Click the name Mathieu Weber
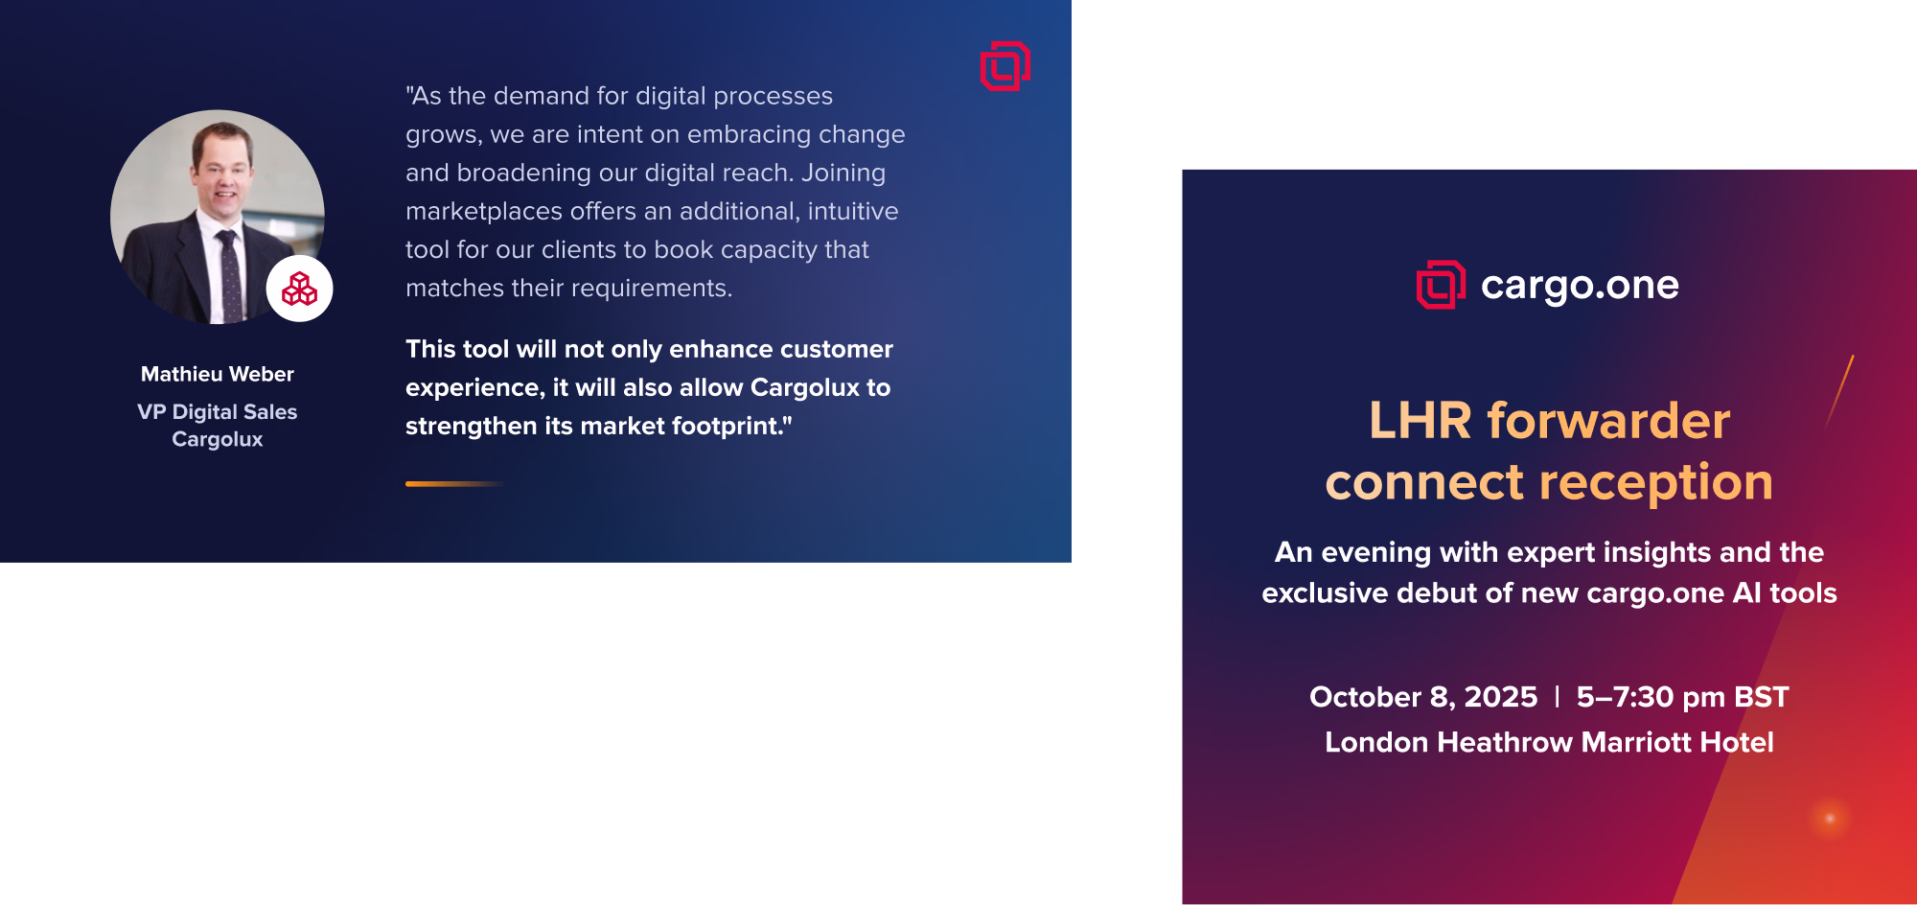[x=218, y=374]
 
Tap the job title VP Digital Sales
[x=218, y=412]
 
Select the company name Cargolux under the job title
[x=218, y=439]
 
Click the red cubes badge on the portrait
[x=300, y=289]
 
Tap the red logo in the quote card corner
[x=1005, y=66]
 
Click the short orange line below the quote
[x=454, y=484]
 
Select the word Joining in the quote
[x=843, y=173]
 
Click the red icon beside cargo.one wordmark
[x=1441, y=285]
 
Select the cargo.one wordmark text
[x=1580, y=286]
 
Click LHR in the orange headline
[x=1420, y=421]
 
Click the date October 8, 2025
[x=1423, y=697]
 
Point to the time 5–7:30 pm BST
[x=1683, y=697]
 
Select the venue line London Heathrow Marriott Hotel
[x=1549, y=742]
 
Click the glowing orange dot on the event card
[x=1830, y=819]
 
